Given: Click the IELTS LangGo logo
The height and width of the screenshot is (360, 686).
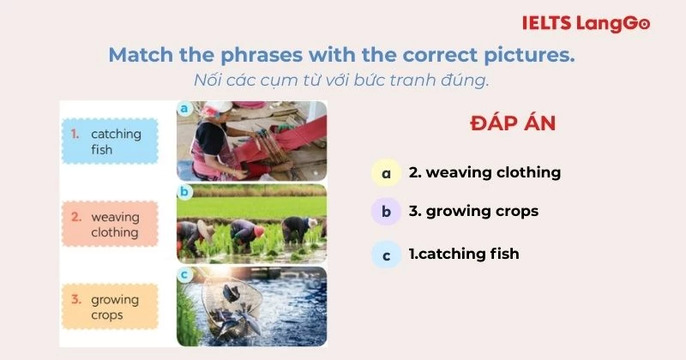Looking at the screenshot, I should (586, 23).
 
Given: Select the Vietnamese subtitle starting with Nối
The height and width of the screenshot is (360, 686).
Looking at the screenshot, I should (341, 81).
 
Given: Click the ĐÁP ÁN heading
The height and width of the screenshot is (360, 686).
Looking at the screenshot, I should (513, 123).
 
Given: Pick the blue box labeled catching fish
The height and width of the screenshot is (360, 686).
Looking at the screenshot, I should (111, 141).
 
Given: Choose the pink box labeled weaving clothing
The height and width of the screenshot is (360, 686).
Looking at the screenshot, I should (111, 225).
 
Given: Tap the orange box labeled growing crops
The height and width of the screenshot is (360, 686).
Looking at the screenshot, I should (111, 307).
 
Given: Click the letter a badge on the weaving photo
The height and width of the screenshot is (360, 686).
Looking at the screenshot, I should (184, 109).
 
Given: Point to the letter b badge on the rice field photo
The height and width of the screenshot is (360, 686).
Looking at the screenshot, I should (184, 192).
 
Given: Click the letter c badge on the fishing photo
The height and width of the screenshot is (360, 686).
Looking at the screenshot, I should (184, 275).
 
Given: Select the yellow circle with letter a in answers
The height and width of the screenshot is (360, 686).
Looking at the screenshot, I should (386, 173).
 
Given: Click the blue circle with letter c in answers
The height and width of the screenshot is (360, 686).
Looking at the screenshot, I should (386, 255).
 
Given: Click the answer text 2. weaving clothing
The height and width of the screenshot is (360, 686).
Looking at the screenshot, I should (484, 172).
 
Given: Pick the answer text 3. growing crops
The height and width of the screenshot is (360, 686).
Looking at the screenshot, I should (473, 211).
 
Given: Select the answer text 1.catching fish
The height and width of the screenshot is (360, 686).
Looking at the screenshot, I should (463, 254).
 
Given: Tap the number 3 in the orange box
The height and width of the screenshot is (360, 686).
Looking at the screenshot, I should (75, 299).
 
